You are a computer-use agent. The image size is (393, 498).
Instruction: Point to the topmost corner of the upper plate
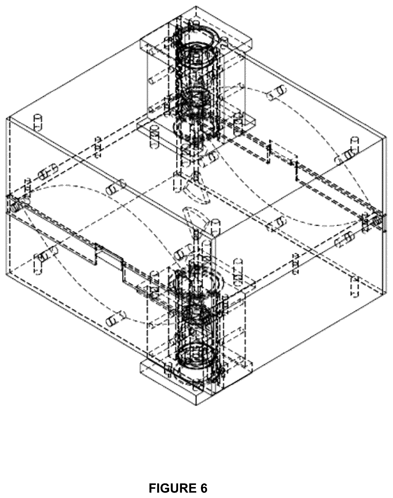[x=196, y=6]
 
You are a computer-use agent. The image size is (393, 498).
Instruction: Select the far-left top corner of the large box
[x=9, y=117]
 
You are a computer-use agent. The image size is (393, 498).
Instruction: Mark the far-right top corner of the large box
[x=386, y=137]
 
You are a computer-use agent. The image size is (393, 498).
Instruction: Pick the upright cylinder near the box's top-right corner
[x=354, y=145]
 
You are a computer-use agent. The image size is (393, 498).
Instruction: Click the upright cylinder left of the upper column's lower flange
[x=155, y=137]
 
